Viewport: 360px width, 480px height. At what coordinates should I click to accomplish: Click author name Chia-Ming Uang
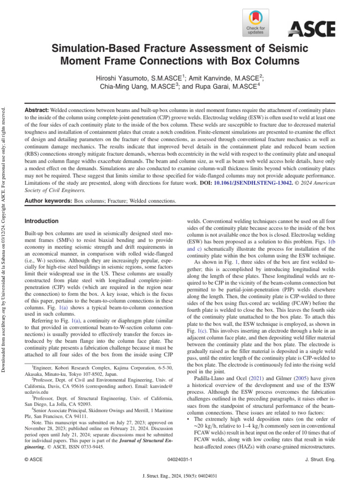126,87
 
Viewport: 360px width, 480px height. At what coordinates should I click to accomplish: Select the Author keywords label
48,201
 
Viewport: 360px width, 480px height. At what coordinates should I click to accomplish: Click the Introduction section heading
42,221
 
